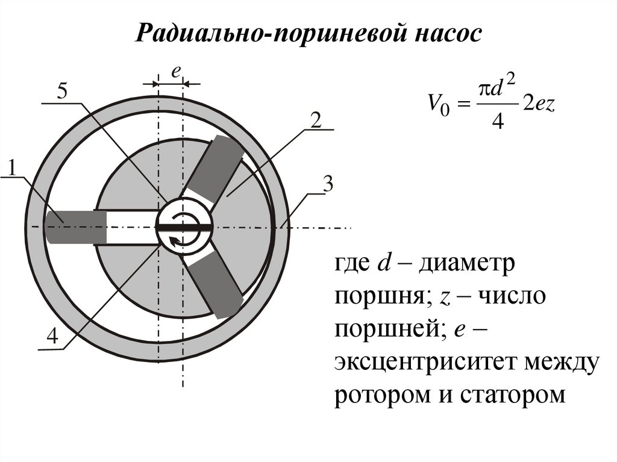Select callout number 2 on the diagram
click(x=315, y=120)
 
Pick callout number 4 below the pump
click(x=52, y=337)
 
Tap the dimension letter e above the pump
click(x=175, y=72)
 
